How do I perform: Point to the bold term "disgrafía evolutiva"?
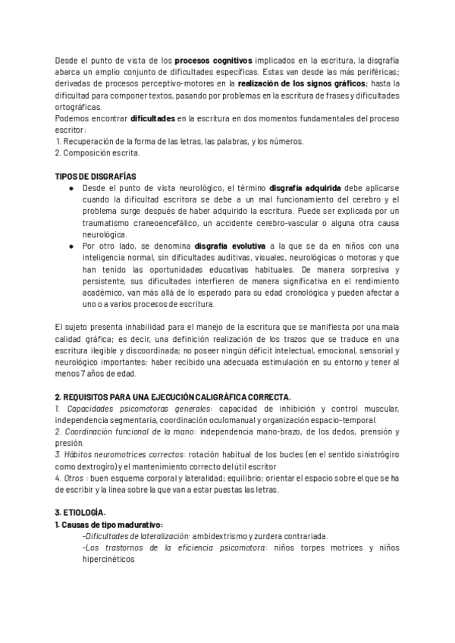(x=230, y=246)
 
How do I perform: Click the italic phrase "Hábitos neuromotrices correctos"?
(x=126, y=455)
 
